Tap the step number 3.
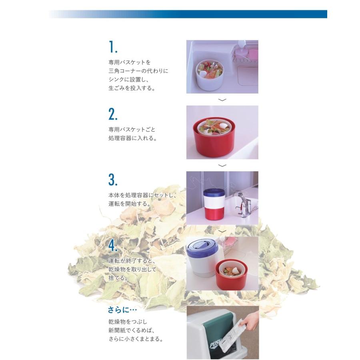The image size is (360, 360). pos(113,180)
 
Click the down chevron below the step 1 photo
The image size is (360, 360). pos(223,100)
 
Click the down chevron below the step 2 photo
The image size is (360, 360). pos(223,165)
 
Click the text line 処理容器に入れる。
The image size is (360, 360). pos(132,138)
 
